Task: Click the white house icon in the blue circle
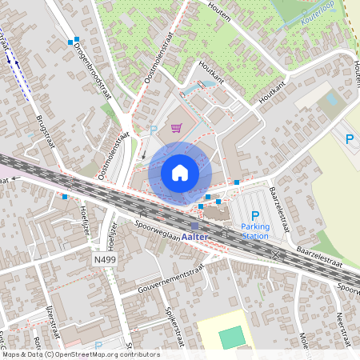(180, 172)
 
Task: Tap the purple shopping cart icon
(176, 128)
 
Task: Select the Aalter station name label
(195, 237)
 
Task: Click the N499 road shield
(104, 260)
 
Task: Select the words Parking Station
(255, 231)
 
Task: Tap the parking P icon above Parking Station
(255, 215)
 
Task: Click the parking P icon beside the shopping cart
(154, 129)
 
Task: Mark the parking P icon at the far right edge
(349, 138)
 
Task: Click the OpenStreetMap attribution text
(80, 354)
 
